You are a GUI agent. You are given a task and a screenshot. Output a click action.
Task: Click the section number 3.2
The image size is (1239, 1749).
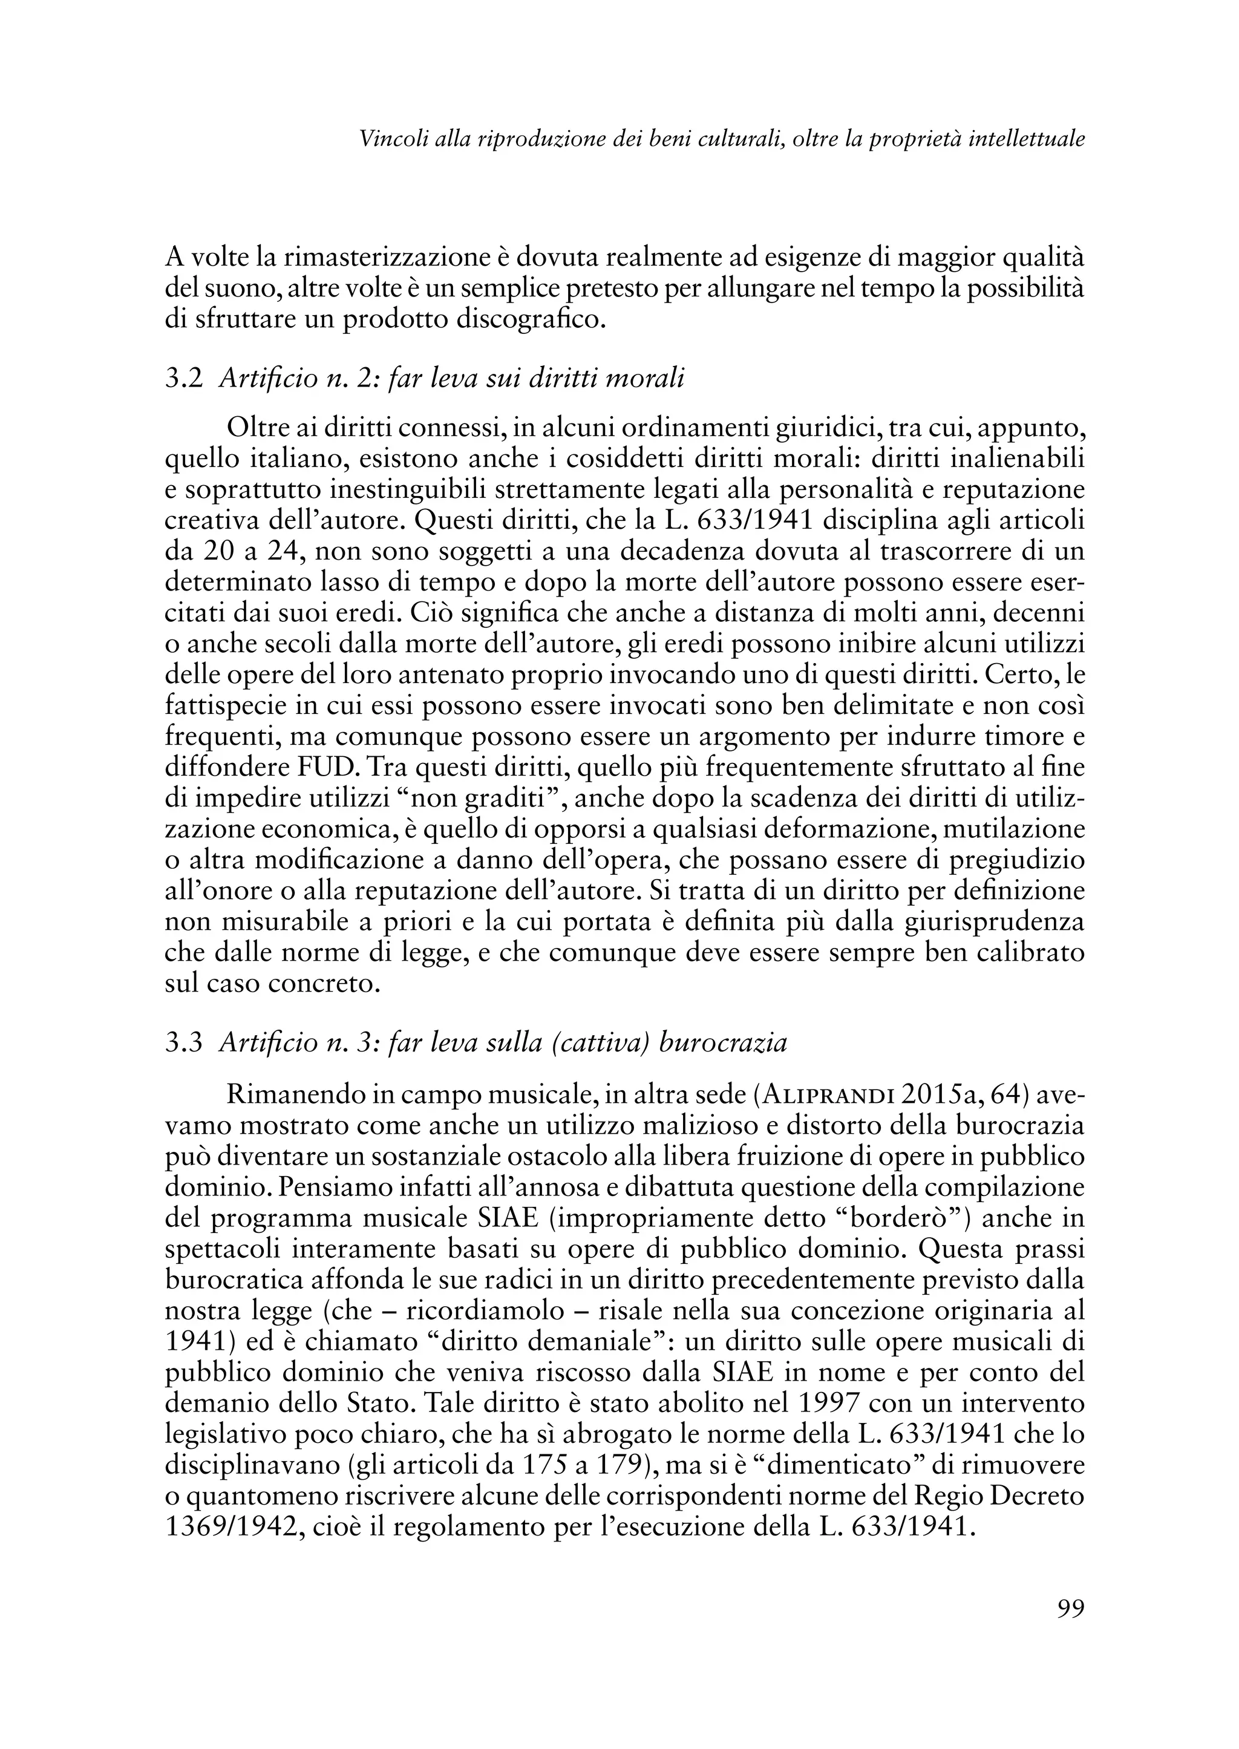tap(184, 378)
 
